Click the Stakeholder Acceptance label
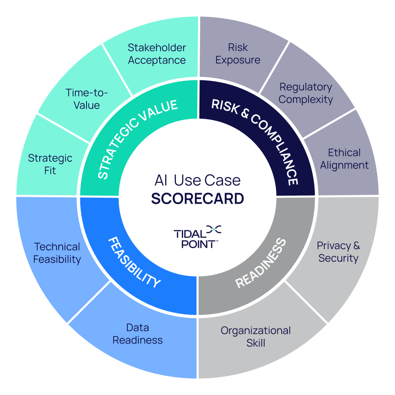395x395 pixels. (157, 54)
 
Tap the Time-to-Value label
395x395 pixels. (87, 99)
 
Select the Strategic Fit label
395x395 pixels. (50, 164)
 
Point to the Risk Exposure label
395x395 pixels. (237, 54)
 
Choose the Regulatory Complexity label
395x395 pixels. (306, 93)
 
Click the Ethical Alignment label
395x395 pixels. (344, 158)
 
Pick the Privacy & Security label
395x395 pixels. (338, 252)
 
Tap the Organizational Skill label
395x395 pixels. (255, 336)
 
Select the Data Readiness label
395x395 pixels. (138, 334)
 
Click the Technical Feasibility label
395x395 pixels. (57, 253)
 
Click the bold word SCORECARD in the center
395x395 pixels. (197, 199)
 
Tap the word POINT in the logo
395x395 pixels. (197, 244)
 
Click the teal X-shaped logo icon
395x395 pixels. (214, 229)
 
